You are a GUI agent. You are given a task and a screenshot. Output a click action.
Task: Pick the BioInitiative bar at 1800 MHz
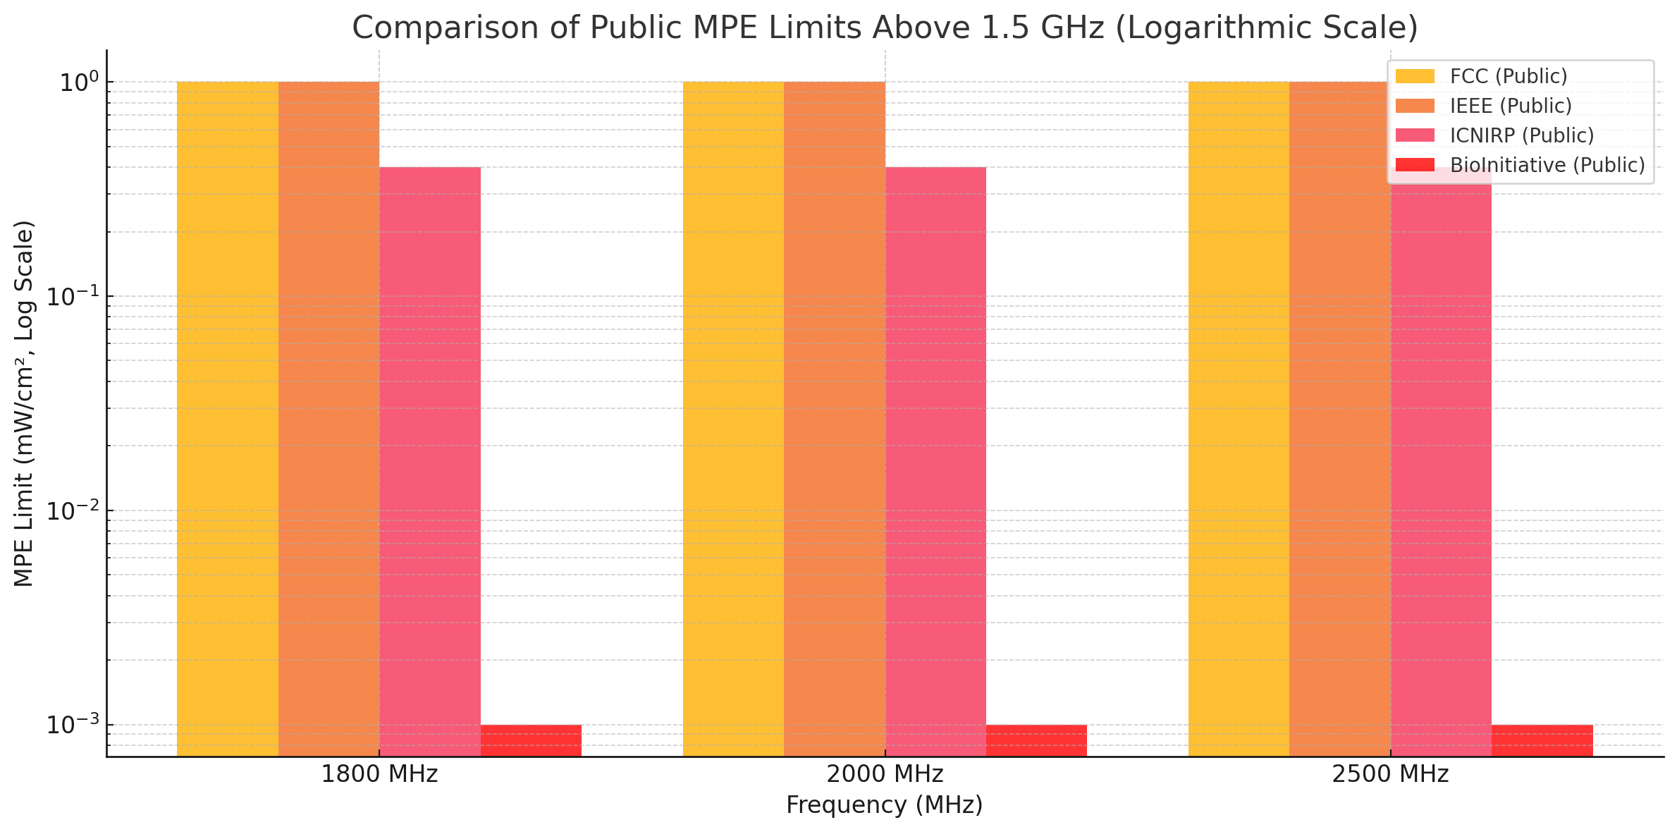[x=531, y=740]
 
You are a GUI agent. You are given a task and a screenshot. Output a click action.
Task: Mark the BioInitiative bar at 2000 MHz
[x=1036, y=740]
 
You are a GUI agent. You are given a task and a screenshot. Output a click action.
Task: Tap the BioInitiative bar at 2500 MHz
[x=1542, y=740]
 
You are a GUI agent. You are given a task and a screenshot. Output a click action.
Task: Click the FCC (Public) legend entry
[x=1509, y=76]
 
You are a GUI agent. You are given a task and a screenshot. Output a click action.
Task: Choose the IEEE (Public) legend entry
[x=1511, y=106]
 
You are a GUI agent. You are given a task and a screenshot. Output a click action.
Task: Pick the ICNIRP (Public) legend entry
[x=1522, y=135]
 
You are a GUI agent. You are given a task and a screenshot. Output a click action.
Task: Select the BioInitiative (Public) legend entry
[x=1547, y=165]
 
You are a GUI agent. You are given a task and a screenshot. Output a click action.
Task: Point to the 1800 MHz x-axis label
[x=379, y=774]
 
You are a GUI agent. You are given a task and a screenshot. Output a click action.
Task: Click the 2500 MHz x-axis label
[x=1390, y=774]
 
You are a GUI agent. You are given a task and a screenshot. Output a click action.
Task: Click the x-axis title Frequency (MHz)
[x=885, y=805]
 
